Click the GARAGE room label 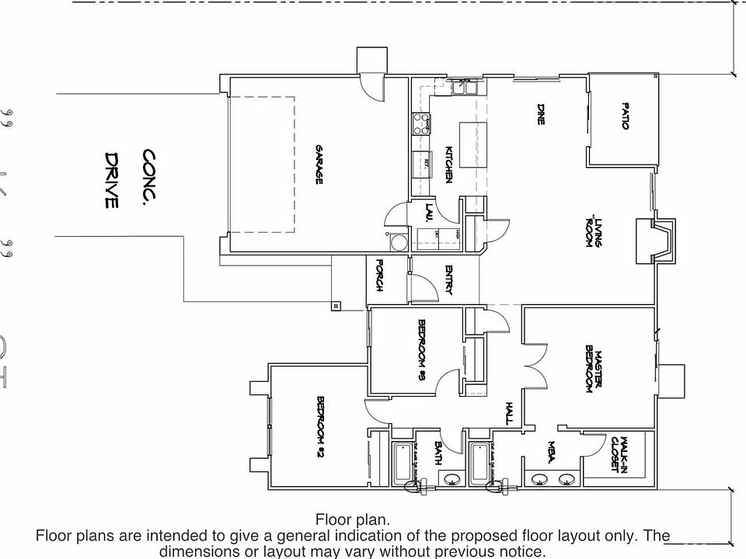tap(319, 164)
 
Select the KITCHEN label tap(448, 165)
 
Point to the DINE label tap(540, 113)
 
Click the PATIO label tap(625, 116)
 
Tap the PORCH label tap(380, 275)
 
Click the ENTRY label tap(448, 280)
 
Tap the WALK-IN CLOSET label tap(619, 453)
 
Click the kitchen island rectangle tap(471, 144)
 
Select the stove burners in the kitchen tap(422, 124)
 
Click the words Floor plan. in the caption tap(353, 519)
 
